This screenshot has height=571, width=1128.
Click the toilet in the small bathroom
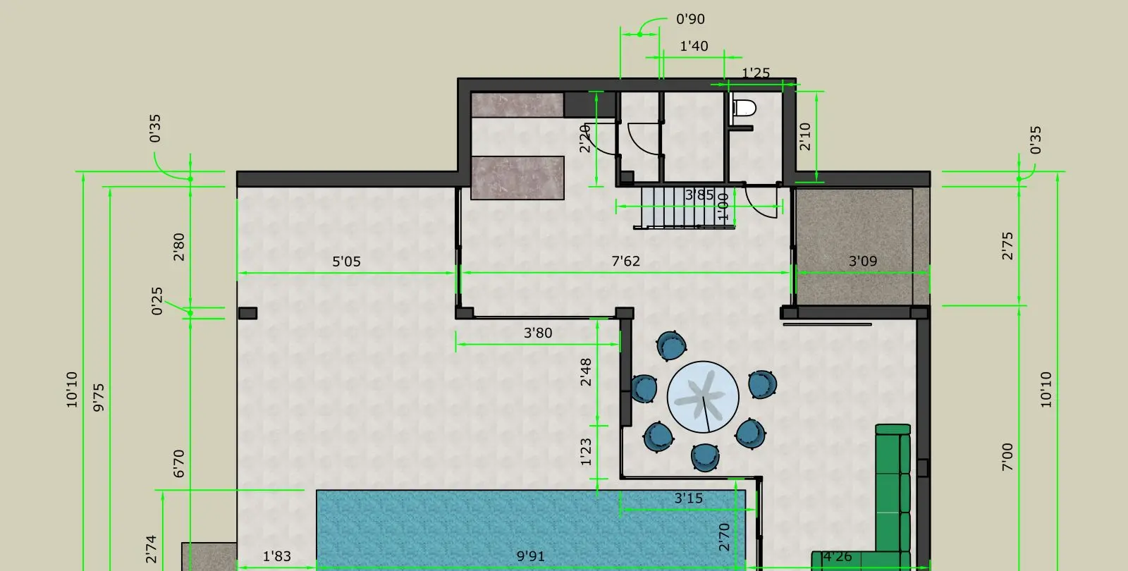tap(744, 108)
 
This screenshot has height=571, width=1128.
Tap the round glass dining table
tap(703, 397)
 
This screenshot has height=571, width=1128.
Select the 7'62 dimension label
tap(625, 261)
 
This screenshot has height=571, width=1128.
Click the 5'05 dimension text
tap(346, 262)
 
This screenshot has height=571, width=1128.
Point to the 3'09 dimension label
tap(863, 261)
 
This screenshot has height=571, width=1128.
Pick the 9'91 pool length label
tap(530, 556)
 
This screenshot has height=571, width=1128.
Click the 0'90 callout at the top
tap(690, 19)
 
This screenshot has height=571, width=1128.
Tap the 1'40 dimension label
tap(694, 47)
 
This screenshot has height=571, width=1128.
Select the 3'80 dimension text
tap(538, 333)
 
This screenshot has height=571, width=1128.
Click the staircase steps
tap(684, 207)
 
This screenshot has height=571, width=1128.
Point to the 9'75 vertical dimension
tap(99, 398)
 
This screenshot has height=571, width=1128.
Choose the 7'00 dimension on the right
tap(1007, 458)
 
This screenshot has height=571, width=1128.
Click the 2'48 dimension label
tap(586, 372)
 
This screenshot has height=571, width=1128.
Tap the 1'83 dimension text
tap(277, 556)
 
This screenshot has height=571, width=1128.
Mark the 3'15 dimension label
tap(688, 498)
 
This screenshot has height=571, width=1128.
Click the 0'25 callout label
tap(157, 301)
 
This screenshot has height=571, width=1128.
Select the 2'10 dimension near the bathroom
tap(805, 137)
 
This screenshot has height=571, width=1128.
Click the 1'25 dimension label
tap(756, 73)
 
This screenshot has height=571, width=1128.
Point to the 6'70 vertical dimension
tap(179, 464)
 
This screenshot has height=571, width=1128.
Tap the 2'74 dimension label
tap(151, 549)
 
